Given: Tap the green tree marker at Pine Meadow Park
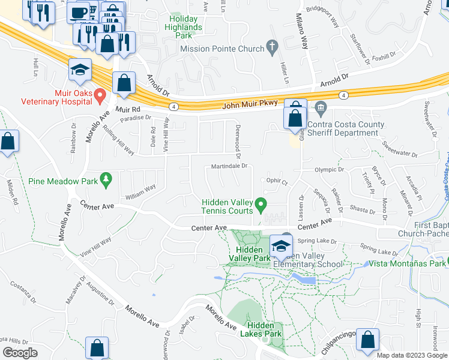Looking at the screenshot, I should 106,179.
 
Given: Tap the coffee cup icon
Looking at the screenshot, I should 79,12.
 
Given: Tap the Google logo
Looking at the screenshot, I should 20,353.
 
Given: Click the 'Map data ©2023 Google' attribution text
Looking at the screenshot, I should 411,355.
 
